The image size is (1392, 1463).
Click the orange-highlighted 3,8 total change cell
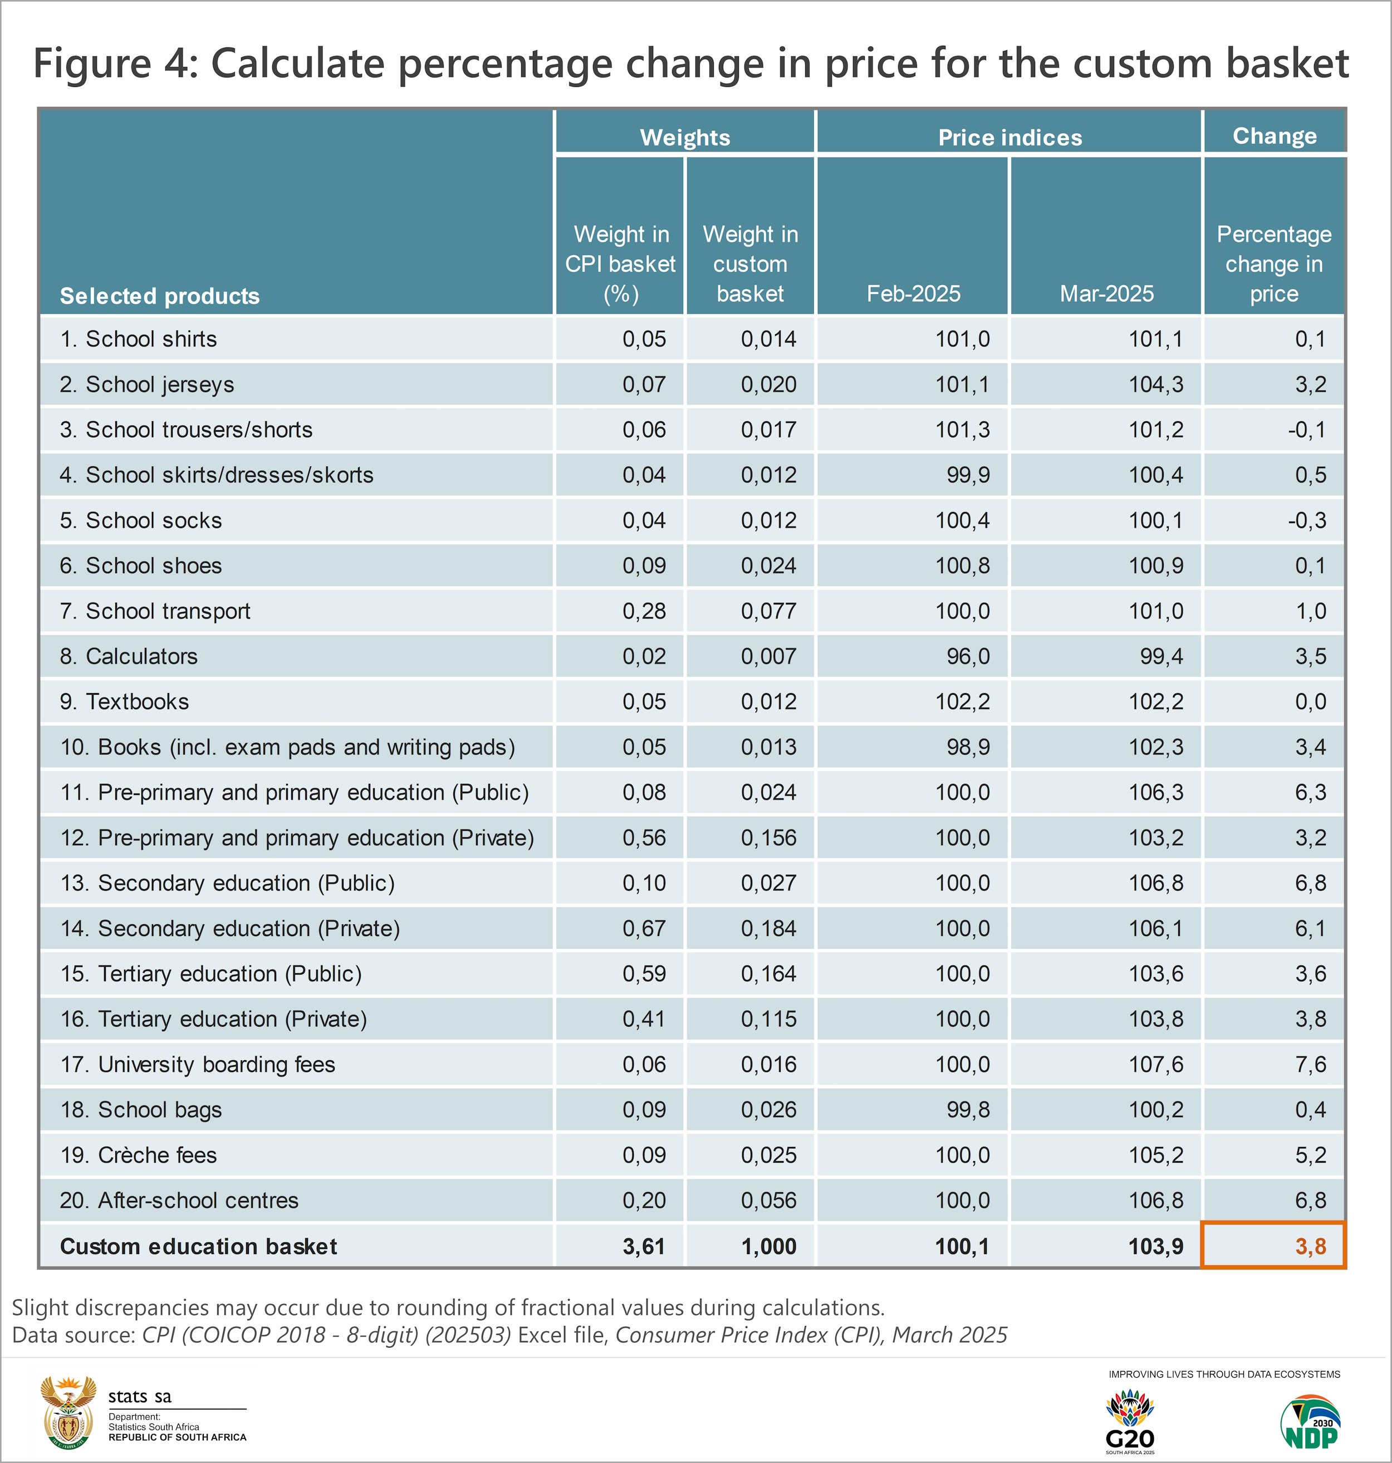[x=1273, y=1246]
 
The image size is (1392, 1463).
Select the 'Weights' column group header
[x=684, y=137]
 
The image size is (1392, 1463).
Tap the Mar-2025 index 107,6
[x=1155, y=1065]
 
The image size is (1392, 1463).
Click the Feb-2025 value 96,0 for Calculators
[x=968, y=656]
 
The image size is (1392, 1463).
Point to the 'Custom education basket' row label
[x=198, y=1246]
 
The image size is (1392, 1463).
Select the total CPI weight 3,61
[x=643, y=1246]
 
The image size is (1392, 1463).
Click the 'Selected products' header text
[x=160, y=296]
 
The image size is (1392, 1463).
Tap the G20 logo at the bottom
[x=1129, y=1421]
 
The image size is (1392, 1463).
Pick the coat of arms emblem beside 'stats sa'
[x=68, y=1413]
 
